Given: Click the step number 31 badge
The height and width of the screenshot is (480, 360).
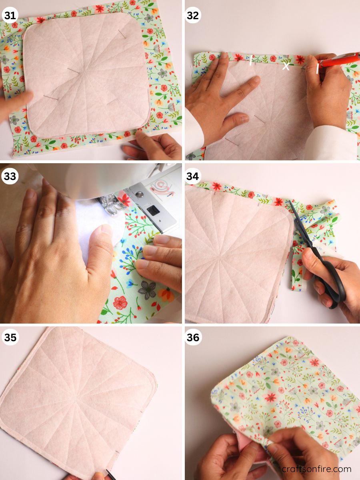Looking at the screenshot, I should [x=10, y=15].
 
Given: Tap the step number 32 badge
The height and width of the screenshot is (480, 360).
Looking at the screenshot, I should [x=193, y=15].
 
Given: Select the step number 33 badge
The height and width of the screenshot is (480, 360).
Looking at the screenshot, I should [x=10, y=176].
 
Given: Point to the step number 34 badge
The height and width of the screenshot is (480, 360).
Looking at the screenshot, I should [x=193, y=176].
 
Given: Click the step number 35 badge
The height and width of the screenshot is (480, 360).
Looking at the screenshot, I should [x=10, y=337].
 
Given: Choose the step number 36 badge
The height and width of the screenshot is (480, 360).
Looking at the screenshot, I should [x=193, y=337].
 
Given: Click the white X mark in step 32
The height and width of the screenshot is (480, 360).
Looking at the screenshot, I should [x=286, y=66].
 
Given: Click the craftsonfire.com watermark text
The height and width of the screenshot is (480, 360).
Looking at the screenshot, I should [x=316, y=469].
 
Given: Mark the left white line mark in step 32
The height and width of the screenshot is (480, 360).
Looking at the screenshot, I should [x=251, y=60].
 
